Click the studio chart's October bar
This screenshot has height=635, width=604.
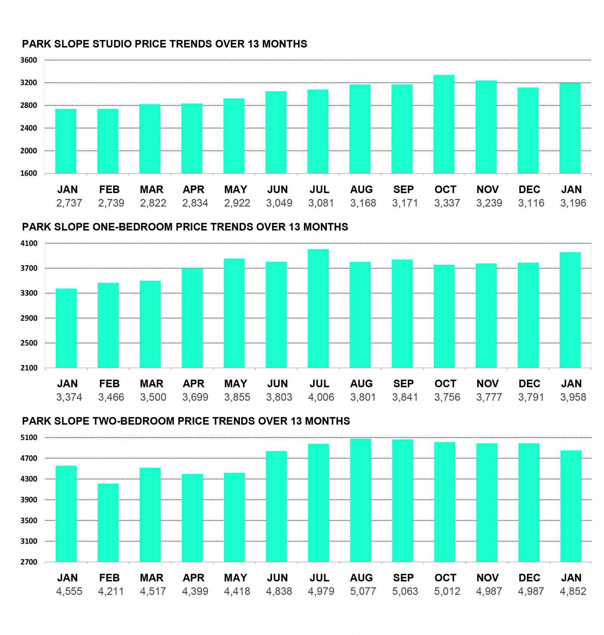[x=444, y=125]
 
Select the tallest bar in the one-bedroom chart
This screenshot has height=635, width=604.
[x=318, y=309]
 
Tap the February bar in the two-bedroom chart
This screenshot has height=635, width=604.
[x=108, y=523]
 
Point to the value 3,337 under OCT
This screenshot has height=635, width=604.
[x=447, y=203]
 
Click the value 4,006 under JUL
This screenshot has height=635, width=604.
[x=321, y=397]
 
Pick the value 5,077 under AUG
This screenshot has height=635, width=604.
[x=363, y=591]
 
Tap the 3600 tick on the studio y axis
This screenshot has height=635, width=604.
[x=29, y=60]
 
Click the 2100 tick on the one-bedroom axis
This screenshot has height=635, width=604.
[x=29, y=368]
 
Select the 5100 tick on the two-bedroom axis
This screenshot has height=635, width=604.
[x=29, y=438]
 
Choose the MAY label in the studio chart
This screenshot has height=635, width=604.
[x=236, y=189]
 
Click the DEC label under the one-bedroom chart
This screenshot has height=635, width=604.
[x=529, y=384]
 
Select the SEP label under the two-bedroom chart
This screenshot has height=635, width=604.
[x=403, y=578]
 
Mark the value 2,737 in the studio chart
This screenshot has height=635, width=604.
[x=69, y=203]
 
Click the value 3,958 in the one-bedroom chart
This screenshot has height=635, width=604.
[x=573, y=397]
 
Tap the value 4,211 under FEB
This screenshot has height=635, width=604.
[x=111, y=591]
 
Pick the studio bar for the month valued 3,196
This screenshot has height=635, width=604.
[x=570, y=128]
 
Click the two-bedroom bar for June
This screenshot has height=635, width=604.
[x=276, y=506]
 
